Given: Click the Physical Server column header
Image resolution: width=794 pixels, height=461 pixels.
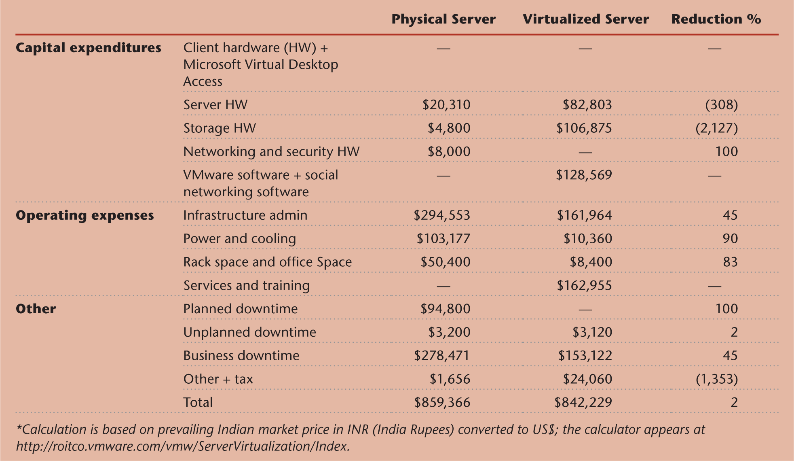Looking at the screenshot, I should [443, 19].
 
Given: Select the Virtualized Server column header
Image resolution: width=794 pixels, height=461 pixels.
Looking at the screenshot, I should [585, 19].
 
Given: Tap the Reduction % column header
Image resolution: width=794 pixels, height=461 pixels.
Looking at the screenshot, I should [716, 19].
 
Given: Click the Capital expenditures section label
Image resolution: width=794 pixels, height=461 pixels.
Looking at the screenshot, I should [88, 48].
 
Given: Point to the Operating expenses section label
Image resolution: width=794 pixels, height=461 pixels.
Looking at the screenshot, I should [84, 215].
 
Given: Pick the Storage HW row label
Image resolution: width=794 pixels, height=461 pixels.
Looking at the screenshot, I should [220, 128].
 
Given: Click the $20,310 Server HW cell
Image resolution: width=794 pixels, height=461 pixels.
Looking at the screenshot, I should [446, 105].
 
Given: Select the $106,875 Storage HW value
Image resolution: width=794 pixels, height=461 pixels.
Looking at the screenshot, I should [584, 128].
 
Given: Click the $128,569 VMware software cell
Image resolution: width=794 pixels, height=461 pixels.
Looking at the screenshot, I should [584, 175].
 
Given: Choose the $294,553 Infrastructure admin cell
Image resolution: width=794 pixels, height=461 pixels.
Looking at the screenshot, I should [442, 215].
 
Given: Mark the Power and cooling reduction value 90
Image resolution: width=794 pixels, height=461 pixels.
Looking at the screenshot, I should [730, 239].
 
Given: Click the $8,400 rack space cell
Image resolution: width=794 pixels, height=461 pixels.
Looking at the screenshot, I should [591, 262].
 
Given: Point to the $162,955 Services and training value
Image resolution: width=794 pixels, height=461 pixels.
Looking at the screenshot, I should [584, 286].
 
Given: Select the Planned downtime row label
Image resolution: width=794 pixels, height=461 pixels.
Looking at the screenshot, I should [240, 309].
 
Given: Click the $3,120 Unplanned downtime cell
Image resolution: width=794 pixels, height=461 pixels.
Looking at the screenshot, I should [592, 332].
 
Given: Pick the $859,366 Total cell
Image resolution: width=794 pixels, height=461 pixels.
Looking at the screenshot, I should [442, 403].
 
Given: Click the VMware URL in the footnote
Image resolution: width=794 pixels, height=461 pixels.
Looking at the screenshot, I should [182, 446].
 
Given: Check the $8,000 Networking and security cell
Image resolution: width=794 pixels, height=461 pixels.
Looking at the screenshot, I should [449, 152].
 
